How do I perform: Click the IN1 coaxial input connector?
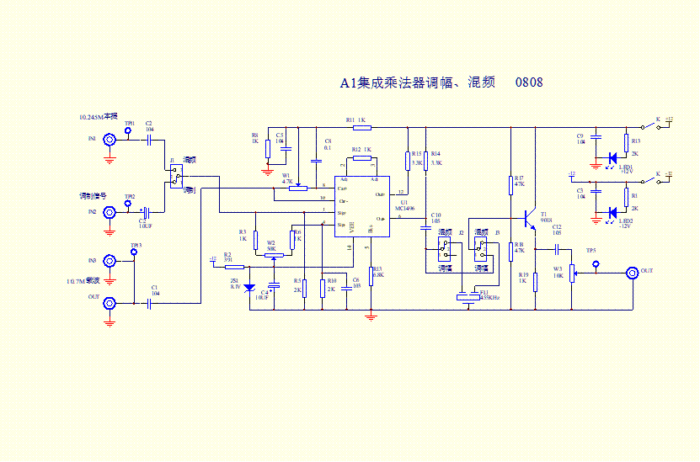pos(110,139)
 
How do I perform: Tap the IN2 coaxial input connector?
pos(110,213)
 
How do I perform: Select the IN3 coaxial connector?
pos(110,262)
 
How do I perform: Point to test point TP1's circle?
pos(128,131)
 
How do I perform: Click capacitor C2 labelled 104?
pos(149,139)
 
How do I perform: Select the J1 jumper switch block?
pos(175,176)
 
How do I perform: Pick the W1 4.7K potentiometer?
pos(297,188)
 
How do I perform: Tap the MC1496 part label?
pos(405,208)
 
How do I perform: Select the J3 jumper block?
pos(481,247)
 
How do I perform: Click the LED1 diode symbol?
pos(612,157)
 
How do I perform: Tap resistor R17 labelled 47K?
pos(511,185)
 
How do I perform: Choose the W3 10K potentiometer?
pos(572,273)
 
